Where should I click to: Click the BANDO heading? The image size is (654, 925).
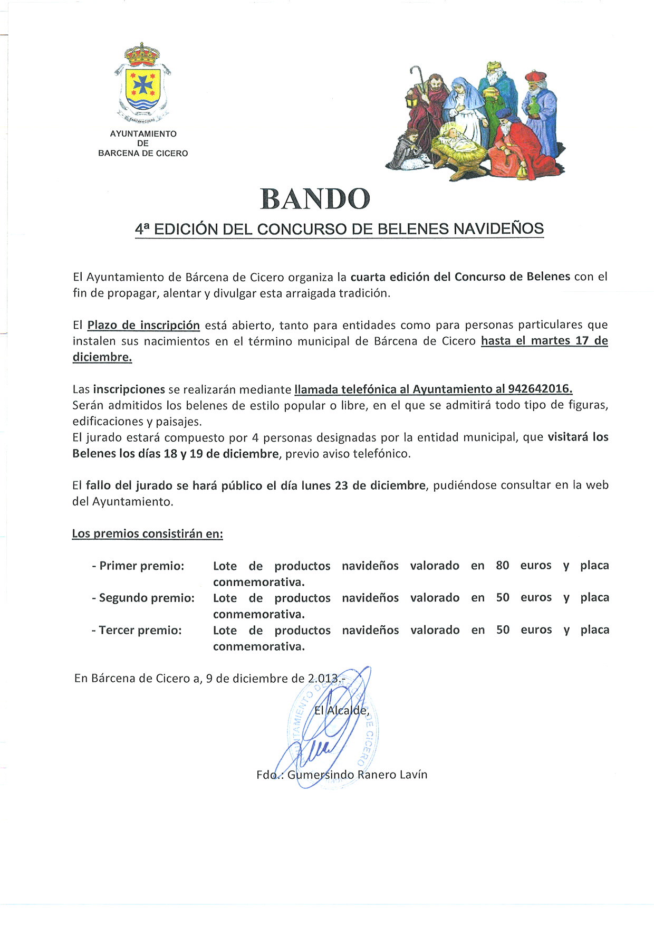(315, 199)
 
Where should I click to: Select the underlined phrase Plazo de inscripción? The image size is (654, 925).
(143, 325)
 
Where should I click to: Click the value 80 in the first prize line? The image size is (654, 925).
(502, 566)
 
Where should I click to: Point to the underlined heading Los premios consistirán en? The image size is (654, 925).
(148, 534)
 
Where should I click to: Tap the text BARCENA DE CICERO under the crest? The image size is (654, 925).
(143, 154)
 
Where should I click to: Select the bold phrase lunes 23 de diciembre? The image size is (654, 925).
(363, 485)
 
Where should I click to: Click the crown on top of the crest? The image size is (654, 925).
(142, 53)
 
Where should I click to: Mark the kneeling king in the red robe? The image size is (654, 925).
(520, 145)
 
